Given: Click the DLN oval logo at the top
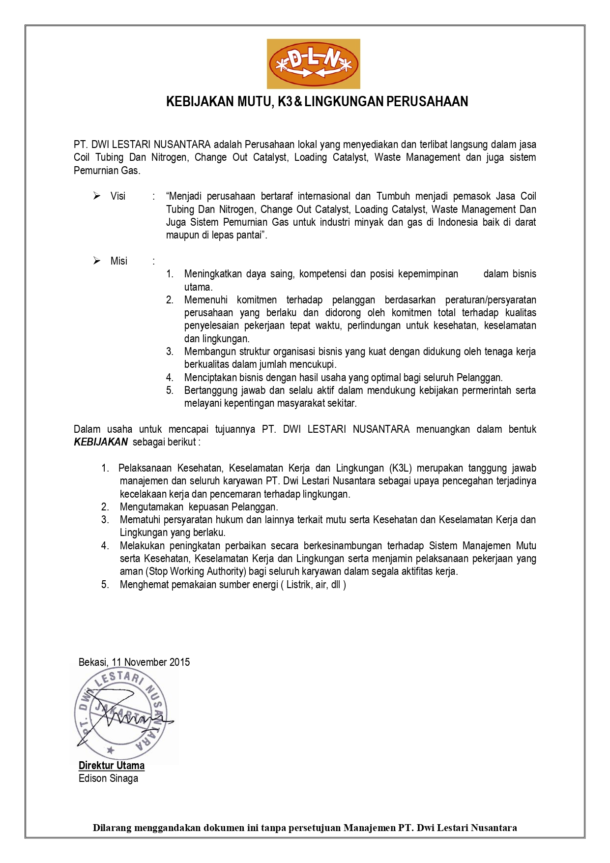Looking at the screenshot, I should click(x=313, y=64).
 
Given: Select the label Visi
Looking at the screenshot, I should click(x=118, y=196).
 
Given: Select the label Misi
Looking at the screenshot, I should click(x=119, y=261).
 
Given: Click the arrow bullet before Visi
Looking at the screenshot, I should click(x=97, y=196).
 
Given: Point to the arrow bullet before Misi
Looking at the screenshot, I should click(x=97, y=261).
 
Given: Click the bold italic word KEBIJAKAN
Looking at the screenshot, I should click(x=101, y=442).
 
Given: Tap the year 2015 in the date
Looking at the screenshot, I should click(x=179, y=662).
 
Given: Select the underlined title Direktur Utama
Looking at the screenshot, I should click(x=112, y=766).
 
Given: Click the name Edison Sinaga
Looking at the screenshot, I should click(x=108, y=778).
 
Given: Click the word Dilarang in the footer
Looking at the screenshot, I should click(x=113, y=828).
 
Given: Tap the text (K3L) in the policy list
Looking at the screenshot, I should click(x=400, y=468).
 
